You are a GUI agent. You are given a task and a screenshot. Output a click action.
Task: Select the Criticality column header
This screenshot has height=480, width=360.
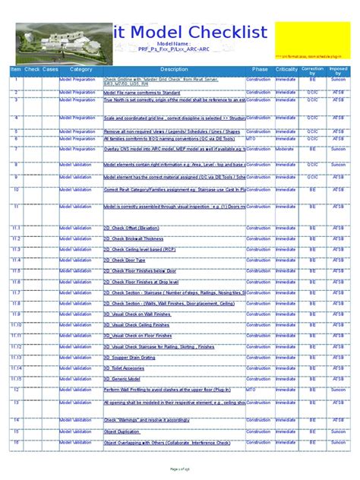tap(286, 69)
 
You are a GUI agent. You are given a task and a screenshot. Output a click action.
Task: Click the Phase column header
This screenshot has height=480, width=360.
tap(260, 69)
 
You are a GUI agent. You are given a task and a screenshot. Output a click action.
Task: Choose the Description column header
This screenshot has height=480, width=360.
tap(174, 69)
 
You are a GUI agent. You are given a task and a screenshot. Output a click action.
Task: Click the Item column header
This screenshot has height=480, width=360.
tap(15, 69)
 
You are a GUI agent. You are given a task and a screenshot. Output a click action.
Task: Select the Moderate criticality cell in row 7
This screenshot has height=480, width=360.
tap(286, 149)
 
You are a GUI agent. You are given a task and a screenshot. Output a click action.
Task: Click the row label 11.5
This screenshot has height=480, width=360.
tap(16, 270)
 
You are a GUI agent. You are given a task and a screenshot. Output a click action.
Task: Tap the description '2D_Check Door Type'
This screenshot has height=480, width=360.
tap(130, 260)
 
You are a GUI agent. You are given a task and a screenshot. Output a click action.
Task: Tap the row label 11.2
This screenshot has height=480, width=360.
tap(16, 238)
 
